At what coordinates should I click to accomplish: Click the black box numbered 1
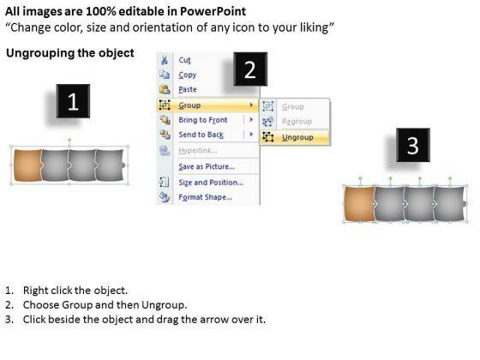[73, 101]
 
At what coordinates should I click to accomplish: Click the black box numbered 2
[250, 69]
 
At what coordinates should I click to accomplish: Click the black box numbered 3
[413, 145]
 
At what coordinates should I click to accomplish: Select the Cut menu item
[184, 60]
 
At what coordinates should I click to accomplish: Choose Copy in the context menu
[188, 75]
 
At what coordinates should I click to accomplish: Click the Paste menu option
[188, 89]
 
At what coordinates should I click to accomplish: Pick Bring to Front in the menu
[203, 120]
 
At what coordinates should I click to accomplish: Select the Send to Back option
[201, 135]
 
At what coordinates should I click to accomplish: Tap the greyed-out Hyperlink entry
[198, 151]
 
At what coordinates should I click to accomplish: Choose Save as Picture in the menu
[207, 166]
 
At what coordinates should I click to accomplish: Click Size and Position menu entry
[211, 183]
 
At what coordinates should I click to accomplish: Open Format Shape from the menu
[205, 197]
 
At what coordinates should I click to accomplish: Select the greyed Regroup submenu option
[297, 122]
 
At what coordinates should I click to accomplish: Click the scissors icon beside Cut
[165, 60]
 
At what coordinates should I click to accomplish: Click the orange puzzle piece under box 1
[27, 165]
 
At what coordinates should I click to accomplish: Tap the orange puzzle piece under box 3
[360, 204]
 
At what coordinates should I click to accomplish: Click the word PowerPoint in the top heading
[213, 12]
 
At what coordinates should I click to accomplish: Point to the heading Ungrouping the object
[70, 53]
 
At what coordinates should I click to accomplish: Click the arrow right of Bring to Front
[251, 120]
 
